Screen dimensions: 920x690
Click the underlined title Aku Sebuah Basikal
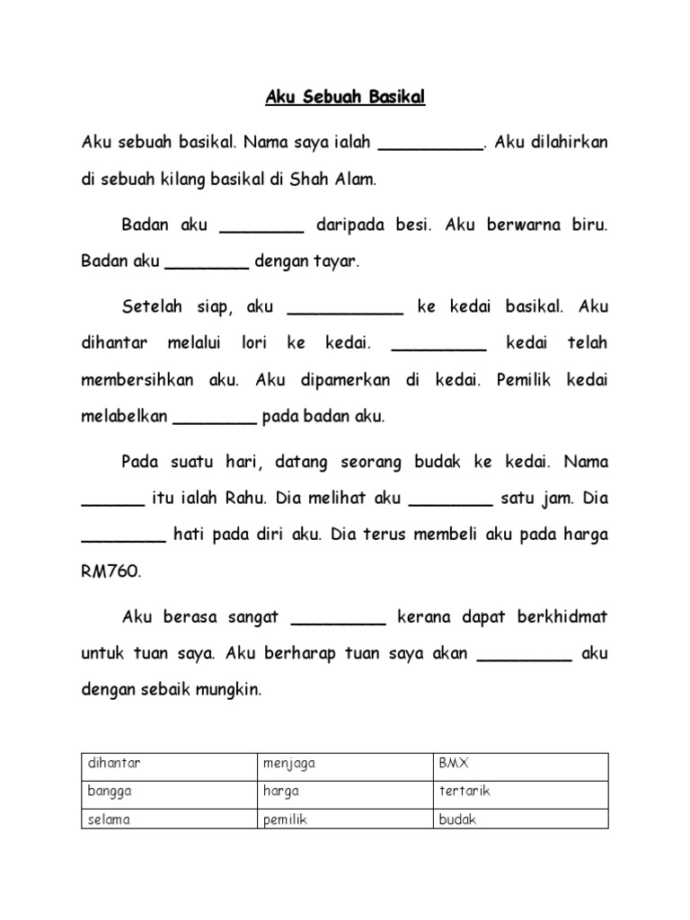345,98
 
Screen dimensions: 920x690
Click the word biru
589,226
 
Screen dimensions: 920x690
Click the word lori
255,343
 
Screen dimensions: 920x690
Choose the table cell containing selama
169,820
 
